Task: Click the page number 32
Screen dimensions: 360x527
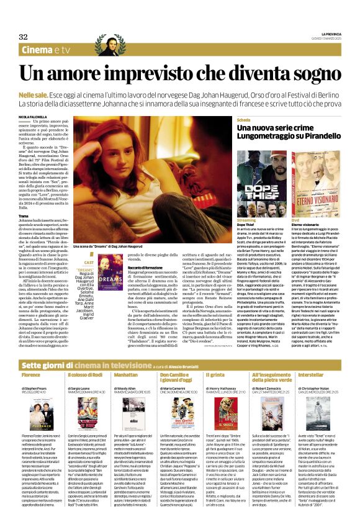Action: (23, 37)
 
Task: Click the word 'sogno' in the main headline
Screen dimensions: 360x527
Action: (303, 72)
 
